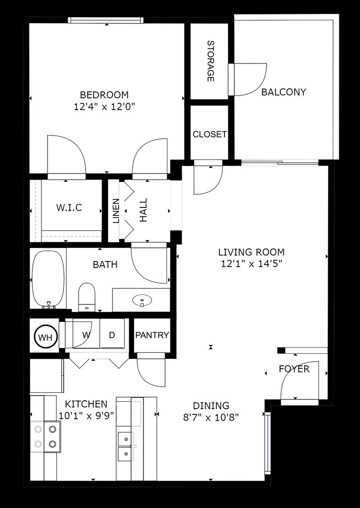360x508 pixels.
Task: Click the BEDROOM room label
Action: click(104, 95)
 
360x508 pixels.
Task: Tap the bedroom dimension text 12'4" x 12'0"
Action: click(104, 106)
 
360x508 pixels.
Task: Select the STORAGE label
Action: click(210, 61)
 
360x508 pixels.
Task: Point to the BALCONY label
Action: click(283, 92)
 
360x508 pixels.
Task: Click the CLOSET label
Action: click(209, 134)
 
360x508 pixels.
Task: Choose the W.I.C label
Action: click(69, 207)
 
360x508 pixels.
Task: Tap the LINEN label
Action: click(115, 210)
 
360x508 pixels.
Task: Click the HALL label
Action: click(143, 210)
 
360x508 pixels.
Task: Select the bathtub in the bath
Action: click(48, 278)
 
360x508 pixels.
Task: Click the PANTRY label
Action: click(152, 335)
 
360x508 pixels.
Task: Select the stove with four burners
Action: click(46, 436)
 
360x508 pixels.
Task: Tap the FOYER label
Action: click(294, 369)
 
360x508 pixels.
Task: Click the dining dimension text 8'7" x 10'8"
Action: click(211, 417)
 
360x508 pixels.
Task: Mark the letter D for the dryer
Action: click(112, 335)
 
